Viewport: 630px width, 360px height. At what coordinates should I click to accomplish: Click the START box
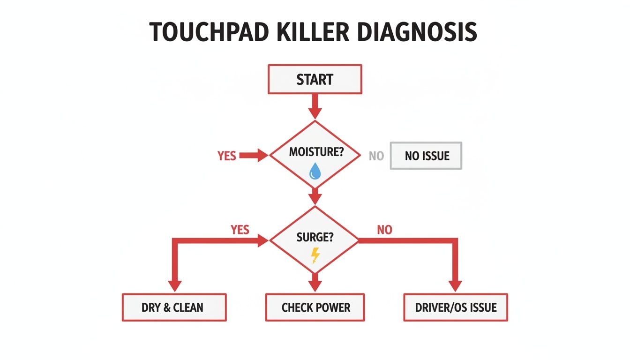click(x=315, y=79)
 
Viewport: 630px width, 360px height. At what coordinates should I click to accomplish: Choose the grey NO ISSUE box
click(x=426, y=156)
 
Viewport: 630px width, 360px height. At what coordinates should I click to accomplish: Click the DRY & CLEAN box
click(x=174, y=307)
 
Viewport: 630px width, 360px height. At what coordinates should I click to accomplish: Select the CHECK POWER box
click(x=315, y=307)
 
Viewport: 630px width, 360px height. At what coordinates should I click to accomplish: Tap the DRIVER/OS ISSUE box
click(x=455, y=307)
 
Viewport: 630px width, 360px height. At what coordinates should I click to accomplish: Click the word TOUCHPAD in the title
click(x=209, y=32)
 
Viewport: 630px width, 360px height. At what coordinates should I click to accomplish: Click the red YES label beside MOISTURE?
click(x=227, y=156)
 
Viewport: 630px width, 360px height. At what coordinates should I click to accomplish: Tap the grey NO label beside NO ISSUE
click(x=376, y=156)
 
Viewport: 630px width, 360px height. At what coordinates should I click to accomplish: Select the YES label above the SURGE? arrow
click(x=240, y=230)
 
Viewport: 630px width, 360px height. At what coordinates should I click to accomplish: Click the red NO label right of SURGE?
click(x=384, y=230)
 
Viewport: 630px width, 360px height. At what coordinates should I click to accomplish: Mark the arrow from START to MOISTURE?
click(x=315, y=106)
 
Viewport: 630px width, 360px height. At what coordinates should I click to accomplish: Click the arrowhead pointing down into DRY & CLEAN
click(x=174, y=286)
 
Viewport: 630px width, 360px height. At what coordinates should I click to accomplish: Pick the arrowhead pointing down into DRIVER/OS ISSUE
click(x=455, y=286)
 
